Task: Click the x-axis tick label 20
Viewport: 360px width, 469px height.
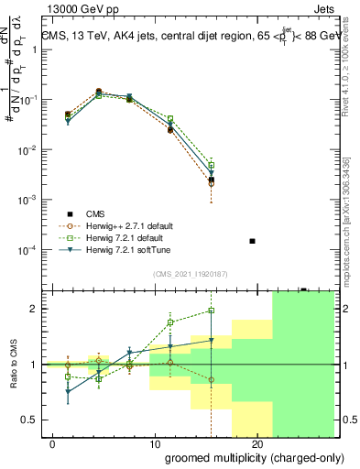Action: (257, 443)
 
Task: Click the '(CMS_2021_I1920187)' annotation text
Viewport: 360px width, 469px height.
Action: (190, 274)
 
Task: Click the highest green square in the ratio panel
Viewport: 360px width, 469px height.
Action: (211, 311)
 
